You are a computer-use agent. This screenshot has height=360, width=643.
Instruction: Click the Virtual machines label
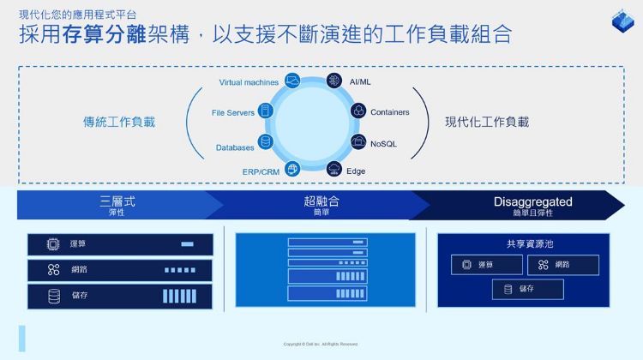[x=249, y=82]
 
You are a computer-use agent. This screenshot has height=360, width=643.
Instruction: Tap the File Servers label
[x=233, y=112]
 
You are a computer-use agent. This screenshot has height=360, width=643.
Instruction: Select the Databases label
[x=235, y=147]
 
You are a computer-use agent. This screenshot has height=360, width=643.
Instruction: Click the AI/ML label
[x=360, y=81]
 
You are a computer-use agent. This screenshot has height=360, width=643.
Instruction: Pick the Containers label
[x=389, y=112]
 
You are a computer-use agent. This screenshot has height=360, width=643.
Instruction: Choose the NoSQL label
[x=383, y=143]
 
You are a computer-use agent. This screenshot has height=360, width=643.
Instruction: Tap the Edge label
[x=356, y=171]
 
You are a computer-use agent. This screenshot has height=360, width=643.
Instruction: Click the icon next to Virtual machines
[x=292, y=81]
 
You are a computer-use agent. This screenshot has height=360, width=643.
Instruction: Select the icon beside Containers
[x=358, y=111]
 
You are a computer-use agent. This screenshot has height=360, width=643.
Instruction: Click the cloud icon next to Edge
[x=334, y=169]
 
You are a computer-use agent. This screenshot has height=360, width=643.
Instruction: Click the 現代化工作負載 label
[x=487, y=122]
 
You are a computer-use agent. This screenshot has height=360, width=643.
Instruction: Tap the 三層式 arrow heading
[x=117, y=201]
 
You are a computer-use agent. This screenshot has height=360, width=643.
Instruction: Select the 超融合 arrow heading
[x=321, y=201]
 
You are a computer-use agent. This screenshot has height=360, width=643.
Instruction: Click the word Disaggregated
[x=532, y=201]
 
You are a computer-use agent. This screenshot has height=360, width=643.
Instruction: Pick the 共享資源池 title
[x=524, y=243]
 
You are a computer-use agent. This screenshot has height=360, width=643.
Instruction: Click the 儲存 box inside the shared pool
[x=527, y=289]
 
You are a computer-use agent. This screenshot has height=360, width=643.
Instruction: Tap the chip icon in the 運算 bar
[x=53, y=244]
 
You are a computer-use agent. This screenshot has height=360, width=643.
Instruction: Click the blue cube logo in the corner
[x=621, y=21]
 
